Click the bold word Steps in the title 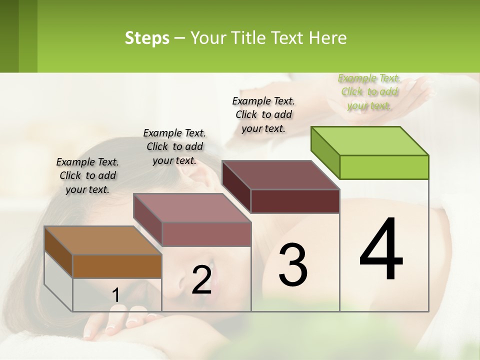pyautogui.click(x=146, y=38)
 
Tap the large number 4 pyautogui.click(x=381, y=249)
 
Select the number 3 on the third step pyautogui.click(x=293, y=265)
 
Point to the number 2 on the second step pyautogui.click(x=201, y=279)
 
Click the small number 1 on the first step pyautogui.click(x=115, y=295)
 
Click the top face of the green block pyautogui.click(x=369, y=141)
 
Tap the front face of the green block pyautogui.click(x=384, y=167)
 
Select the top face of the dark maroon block pyautogui.click(x=280, y=175)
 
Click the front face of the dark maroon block pyautogui.click(x=295, y=201)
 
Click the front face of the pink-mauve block pyautogui.click(x=206, y=234)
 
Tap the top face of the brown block pyautogui.click(x=102, y=240)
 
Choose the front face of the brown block pyautogui.click(x=117, y=266)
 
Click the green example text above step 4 pyautogui.click(x=369, y=91)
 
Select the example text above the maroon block pyautogui.click(x=263, y=114)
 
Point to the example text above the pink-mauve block pyautogui.click(x=174, y=146)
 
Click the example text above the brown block pyautogui.click(x=87, y=175)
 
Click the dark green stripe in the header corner pyautogui.click(x=9, y=36)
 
